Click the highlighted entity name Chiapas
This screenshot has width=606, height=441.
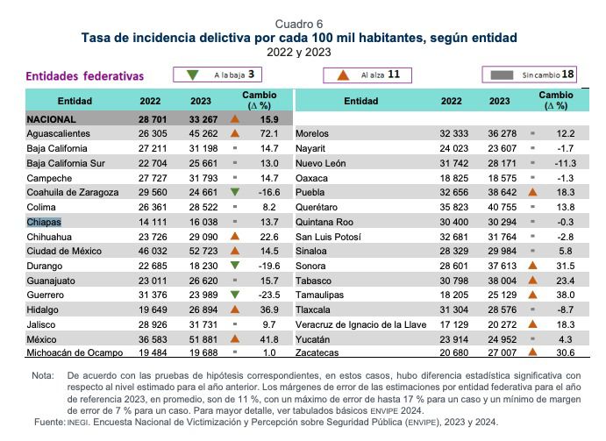[44, 223]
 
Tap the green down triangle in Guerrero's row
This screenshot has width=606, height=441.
[234, 295]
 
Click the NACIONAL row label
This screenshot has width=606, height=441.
[52, 118]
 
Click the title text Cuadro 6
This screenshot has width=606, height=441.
[299, 23]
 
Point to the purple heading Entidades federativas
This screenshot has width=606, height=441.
[85, 76]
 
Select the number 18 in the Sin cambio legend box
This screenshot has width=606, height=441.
[568, 75]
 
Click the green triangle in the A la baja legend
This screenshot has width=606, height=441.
[192, 75]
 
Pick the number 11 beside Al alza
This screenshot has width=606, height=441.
[394, 75]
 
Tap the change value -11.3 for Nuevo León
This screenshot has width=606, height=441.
[562, 163]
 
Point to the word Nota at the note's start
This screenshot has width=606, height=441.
[42, 375]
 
